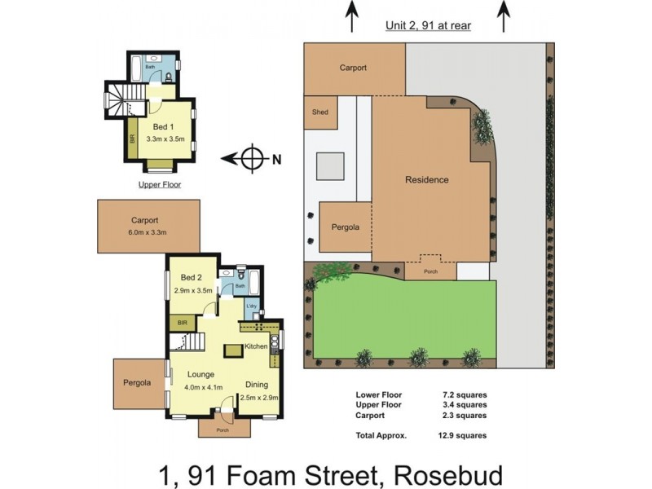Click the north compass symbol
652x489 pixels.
[x=254, y=158]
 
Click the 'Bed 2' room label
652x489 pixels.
[x=192, y=278]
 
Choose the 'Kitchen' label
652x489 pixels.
[x=255, y=346]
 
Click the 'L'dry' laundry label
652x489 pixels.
[x=253, y=306]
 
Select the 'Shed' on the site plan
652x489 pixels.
[x=320, y=112]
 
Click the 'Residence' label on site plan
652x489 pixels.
[x=427, y=180]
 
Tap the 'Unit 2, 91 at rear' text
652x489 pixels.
[x=428, y=25]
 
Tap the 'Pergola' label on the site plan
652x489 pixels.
[x=346, y=227]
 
